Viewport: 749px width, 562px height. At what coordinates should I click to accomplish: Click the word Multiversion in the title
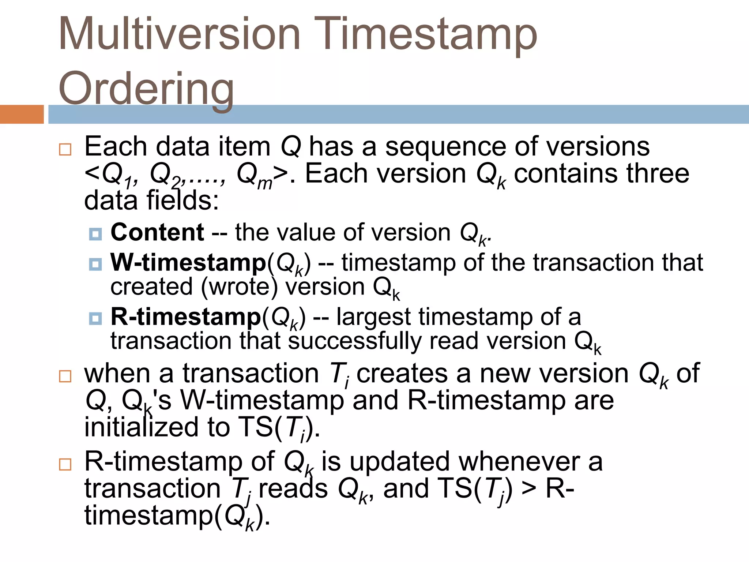(179, 34)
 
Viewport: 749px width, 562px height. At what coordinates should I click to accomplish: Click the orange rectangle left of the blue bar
(22, 114)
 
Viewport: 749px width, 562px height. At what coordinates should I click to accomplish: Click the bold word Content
(157, 232)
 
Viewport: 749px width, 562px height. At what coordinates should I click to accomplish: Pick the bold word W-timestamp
(188, 263)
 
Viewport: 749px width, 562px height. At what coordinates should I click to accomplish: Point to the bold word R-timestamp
(186, 317)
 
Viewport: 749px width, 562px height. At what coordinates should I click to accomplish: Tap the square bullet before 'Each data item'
(65, 149)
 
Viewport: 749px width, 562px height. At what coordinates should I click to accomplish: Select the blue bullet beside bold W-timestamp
(95, 264)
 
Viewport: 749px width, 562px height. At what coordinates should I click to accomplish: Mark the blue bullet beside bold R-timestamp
(95, 318)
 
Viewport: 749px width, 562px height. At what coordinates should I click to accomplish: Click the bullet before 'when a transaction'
(65, 376)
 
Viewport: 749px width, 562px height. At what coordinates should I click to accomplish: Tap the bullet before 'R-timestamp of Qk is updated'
(65, 464)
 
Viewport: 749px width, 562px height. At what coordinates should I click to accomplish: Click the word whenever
(519, 462)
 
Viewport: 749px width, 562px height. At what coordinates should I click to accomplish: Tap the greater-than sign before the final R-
(529, 489)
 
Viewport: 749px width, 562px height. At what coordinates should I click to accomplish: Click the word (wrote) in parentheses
(240, 287)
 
